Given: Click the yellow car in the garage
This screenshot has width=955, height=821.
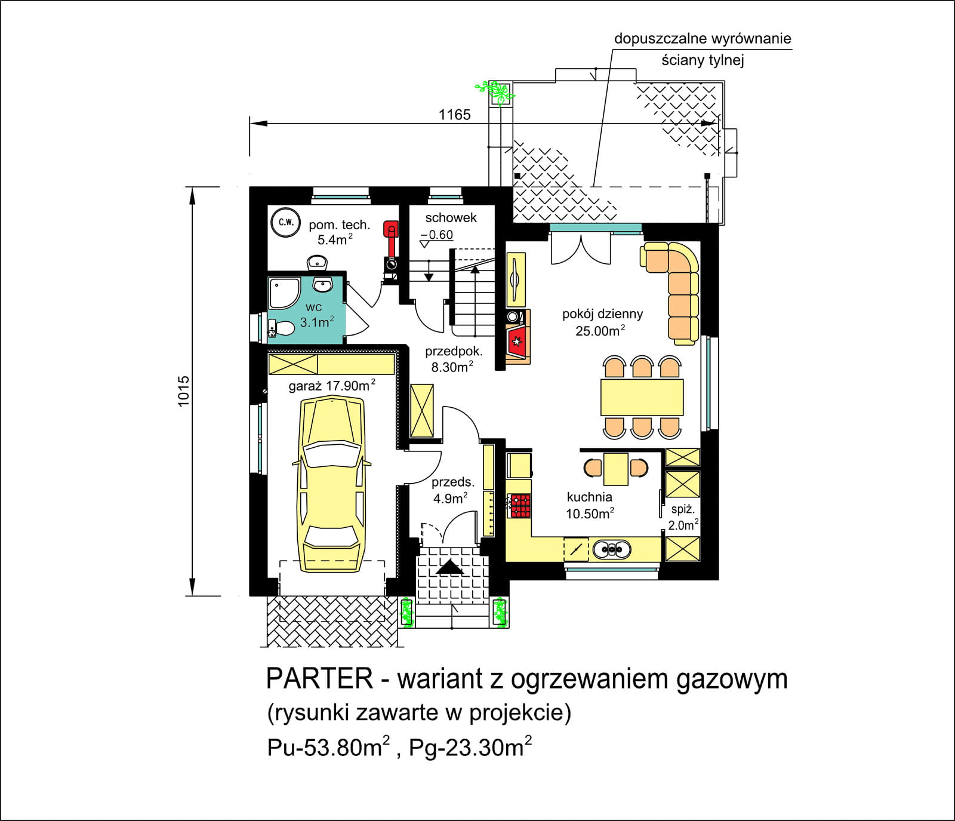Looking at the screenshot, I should pyautogui.click(x=331, y=484).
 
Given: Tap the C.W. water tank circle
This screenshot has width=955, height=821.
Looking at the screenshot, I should pyautogui.click(x=285, y=223).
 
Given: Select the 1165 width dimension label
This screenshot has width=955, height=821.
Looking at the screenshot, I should pyautogui.click(x=454, y=115).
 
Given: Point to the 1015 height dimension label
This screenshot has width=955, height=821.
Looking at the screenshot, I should pyautogui.click(x=183, y=391).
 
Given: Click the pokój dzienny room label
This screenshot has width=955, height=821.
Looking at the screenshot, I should pyautogui.click(x=602, y=314).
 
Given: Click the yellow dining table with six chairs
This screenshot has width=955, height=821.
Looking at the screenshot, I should pyautogui.click(x=642, y=397).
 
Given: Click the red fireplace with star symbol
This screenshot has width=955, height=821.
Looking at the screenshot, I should pyautogui.click(x=516, y=342).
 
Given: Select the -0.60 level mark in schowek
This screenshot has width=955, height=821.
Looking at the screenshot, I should pyautogui.click(x=439, y=235).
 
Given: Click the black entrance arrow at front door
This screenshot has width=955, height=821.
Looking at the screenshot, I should pyautogui.click(x=449, y=567).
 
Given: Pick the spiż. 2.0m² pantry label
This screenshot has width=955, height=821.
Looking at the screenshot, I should pyautogui.click(x=683, y=517).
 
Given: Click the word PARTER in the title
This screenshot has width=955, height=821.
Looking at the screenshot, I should pyautogui.click(x=319, y=679).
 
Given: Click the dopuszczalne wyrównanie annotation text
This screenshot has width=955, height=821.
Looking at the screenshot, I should pyautogui.click(x=703, y=39).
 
